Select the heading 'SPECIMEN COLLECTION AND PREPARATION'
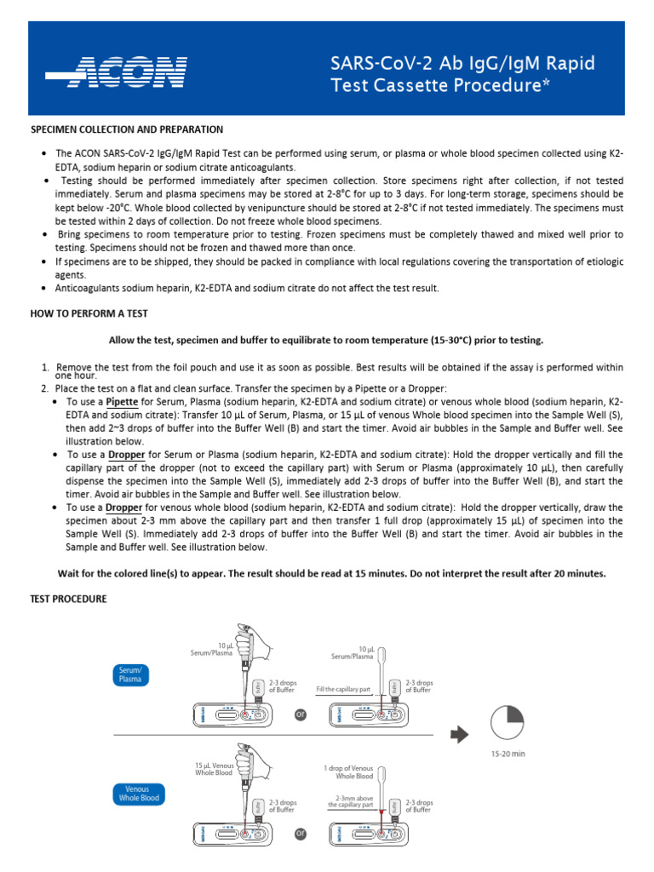pyautogui.click(x=127, y=129)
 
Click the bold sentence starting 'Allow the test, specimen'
pyautogui.click(x=326, y=341)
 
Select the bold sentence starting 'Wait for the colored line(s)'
pyautogui.click(x=331, y=573)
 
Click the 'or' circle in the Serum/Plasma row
pyautogui.click(x=300, y=714)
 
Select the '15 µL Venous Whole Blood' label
pyautogui.click(x=214, y=769)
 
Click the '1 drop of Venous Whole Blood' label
pyautogui.click(x=347, y=772)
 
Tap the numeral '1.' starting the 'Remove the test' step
pyautogui.click(x=45, y=367)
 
